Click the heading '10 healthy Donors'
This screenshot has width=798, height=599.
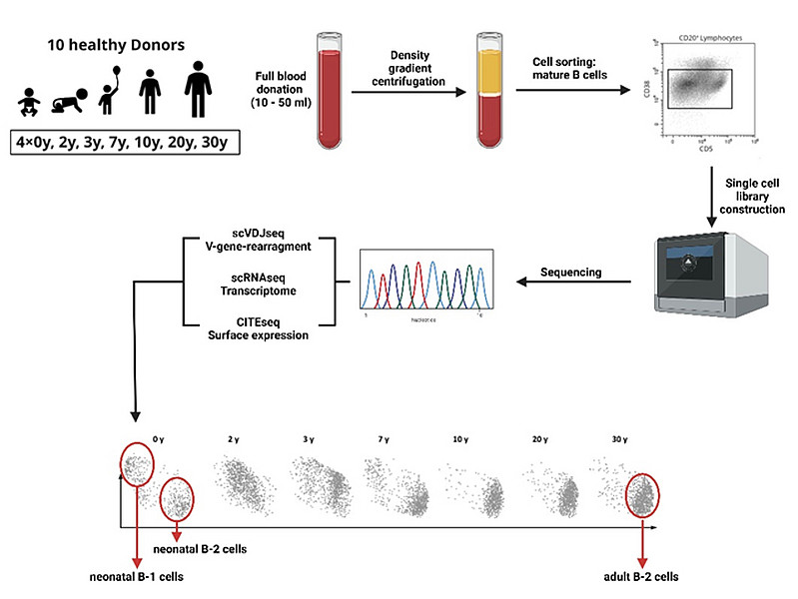pyautogui.click(x=125, y=47)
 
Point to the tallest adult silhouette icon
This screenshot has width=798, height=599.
pyautogui.click(x=199, y=90)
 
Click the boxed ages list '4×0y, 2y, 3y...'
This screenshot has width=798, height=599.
pyautogui.click(x=125, y=142)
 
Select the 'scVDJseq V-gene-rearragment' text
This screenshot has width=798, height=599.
pyautogui.click(x=258, y=241)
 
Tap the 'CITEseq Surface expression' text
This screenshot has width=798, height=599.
pyautogui.click(x=258, y=328)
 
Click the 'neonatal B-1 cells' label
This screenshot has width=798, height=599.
pyautogui.click(x=135, y=577)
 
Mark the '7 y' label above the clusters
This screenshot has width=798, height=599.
pyautogui.click(x=385, y=439)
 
